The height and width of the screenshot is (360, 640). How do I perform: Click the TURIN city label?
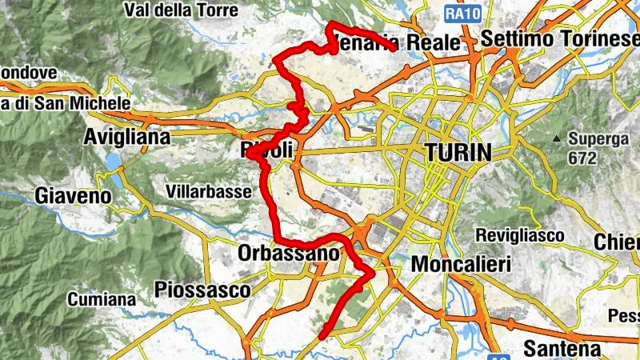point(458,152)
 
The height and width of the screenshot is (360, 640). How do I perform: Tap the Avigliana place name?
point(127,137)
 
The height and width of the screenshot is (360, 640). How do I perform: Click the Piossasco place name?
point(202,290)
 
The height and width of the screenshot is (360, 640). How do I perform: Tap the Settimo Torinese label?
point(559,38)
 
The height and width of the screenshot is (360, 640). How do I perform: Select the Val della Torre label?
point(181,11)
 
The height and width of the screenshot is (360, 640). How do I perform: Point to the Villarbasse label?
point(210,191)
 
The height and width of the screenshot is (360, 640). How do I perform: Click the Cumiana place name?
point(102,299)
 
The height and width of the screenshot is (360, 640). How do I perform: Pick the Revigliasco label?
point(520,235)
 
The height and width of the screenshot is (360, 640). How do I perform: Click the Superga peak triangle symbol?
point(556,138)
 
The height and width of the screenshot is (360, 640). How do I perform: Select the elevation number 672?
point(582,158)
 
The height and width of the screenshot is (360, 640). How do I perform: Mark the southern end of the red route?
point(322,337)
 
